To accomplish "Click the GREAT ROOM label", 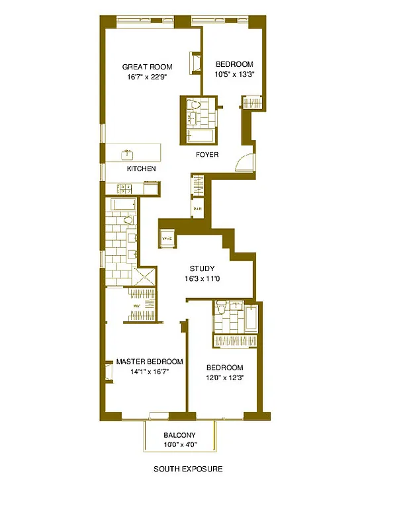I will pos(147,67).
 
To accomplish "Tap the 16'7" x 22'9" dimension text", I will pos(147,77).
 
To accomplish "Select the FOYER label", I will pos(206,155).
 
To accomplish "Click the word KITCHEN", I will pos(142,169).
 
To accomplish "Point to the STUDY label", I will pos(202,268).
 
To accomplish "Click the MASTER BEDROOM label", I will pos(150,362).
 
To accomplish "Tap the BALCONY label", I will pos(179,434).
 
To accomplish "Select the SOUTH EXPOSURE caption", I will pos(188,469).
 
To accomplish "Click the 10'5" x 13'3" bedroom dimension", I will pos(235,75).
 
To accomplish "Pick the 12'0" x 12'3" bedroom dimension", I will pos(224,378).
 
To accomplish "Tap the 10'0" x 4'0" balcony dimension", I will pos(179,444).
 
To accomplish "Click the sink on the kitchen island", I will pos(128,155).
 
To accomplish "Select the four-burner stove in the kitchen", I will pos(124,188).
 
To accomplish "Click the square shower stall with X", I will pos(147,276).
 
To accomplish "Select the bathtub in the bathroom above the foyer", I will pos(200,136).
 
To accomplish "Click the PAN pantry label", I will pos(197,210).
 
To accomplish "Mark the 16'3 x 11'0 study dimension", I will pos(202,278).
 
